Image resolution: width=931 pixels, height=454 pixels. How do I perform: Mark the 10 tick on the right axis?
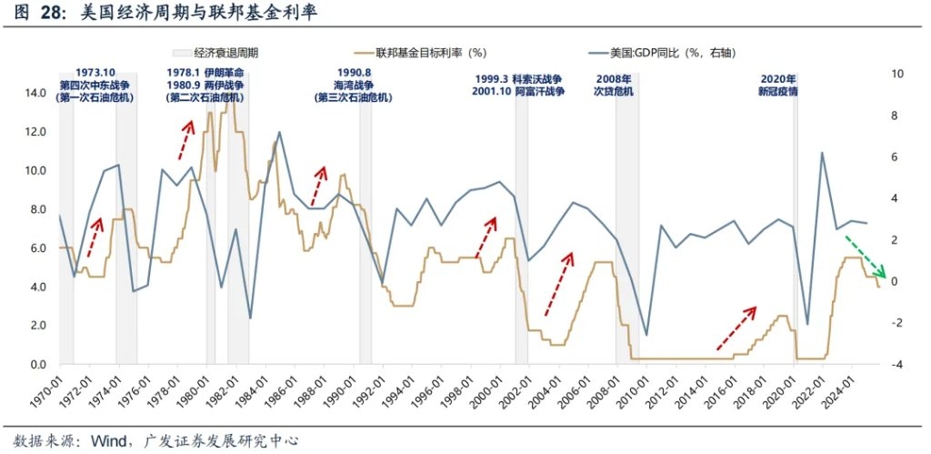tap(898, 74)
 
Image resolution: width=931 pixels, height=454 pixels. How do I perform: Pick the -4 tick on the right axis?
tap(898, 365)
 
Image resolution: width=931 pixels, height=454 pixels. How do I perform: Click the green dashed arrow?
tap(865, 256)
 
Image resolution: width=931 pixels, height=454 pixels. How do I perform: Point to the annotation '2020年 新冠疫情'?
tap(778, 85)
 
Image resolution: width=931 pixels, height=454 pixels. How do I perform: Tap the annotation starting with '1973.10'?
tap(95, 71)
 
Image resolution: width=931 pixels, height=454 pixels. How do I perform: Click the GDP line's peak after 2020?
tap(822, 152)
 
